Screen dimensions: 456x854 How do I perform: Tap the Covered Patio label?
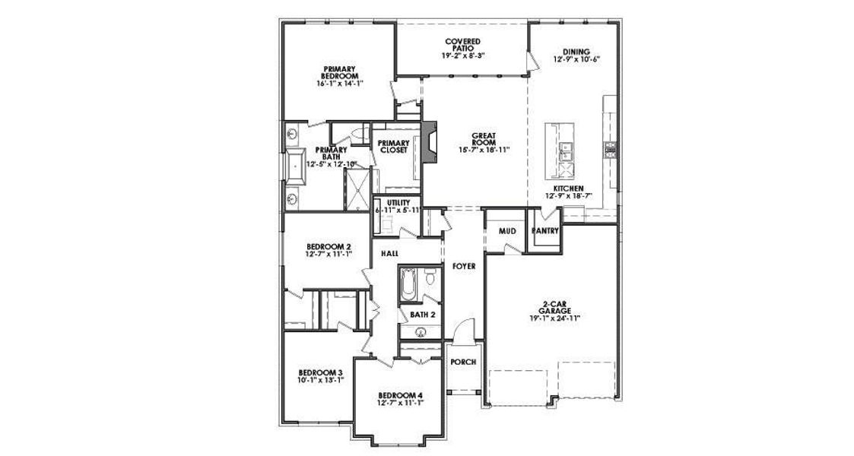click(463, 43)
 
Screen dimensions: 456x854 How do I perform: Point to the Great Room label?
click(484, 139)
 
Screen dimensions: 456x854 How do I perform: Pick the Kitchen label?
click(568, 188)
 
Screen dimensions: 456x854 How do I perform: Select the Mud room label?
click(507, 230)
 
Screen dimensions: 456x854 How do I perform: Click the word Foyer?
click(464, 267)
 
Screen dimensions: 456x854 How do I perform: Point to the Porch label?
click(463, 362)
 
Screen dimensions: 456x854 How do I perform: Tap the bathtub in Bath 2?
click(407, 286)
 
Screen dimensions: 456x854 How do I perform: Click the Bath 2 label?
click(422, 313)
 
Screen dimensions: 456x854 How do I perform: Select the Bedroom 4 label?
click(399, 395)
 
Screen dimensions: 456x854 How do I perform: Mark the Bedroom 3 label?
click(319, 372)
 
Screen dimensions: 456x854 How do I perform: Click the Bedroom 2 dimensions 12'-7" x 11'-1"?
click(329, 255)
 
